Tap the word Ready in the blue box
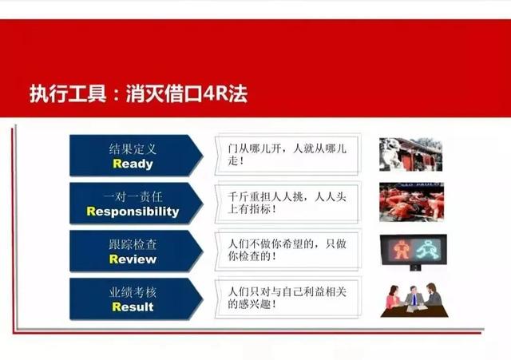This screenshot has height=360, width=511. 133,164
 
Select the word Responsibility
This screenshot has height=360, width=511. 133,212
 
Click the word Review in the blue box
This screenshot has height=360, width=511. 133,259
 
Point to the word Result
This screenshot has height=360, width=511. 133,307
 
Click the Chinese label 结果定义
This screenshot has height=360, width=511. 133,148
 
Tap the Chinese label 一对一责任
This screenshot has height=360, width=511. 133,196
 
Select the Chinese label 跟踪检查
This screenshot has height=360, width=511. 133,244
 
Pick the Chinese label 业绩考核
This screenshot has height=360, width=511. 133,292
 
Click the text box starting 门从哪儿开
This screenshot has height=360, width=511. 287,155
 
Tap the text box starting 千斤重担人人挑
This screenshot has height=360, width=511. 287,203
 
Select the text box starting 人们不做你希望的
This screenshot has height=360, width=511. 287,250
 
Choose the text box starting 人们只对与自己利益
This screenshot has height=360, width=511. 287,298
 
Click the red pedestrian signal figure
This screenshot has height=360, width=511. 402,249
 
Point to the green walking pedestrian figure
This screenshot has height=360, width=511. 428,249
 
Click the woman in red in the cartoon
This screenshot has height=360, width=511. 394,300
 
